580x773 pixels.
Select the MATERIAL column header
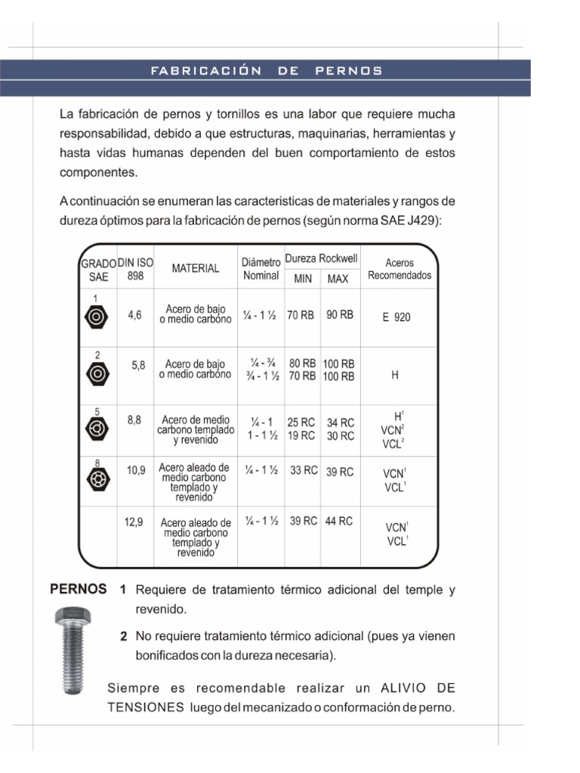195,268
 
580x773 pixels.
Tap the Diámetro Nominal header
261,269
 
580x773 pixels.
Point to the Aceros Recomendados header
400,269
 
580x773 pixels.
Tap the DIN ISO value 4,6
135,316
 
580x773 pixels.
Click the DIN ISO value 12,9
134,521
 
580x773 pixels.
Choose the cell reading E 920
396,318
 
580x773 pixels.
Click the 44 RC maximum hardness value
339,521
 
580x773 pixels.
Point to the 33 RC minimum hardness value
304,470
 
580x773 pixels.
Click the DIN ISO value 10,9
136,470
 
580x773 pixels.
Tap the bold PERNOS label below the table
78,590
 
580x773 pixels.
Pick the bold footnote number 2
123,636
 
